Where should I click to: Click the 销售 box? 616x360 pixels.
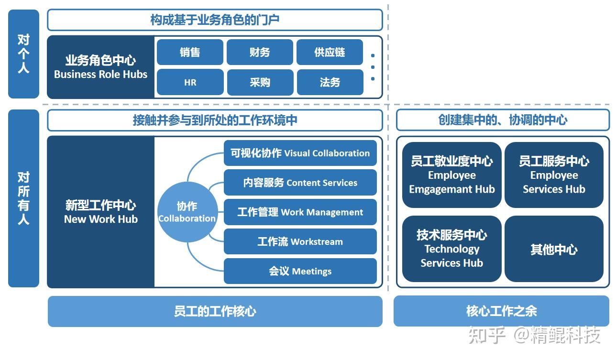190,52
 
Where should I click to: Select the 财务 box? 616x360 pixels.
260,52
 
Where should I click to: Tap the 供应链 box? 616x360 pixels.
330,52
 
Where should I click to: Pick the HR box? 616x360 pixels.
190,82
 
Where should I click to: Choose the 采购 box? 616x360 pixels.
260,82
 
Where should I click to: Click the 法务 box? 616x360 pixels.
330,82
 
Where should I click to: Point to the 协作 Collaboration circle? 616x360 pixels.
187,212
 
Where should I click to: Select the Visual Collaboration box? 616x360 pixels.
300,153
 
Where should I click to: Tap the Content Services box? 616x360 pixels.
300,183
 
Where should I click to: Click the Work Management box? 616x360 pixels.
300,212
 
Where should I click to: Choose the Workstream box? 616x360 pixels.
300,241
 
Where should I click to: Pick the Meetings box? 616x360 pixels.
300,271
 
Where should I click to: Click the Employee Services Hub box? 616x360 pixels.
554,175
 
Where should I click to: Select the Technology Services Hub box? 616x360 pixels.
451,249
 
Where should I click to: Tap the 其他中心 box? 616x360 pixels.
554,249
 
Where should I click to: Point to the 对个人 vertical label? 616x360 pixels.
23,54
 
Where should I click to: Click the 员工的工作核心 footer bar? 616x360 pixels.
215,311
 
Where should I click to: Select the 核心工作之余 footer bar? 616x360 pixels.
501,311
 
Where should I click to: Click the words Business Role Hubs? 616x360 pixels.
100,74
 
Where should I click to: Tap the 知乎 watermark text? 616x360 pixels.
487,335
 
